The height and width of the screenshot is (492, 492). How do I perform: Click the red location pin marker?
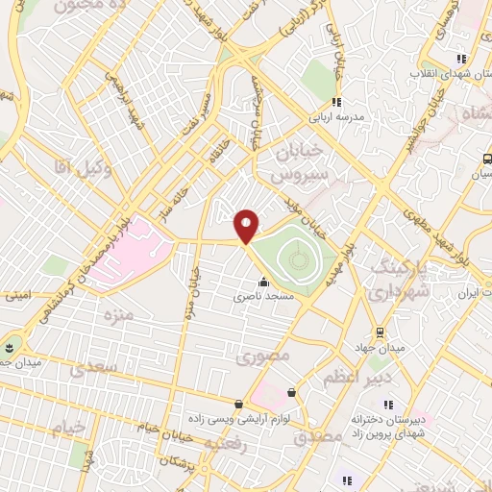[x=247, y=226]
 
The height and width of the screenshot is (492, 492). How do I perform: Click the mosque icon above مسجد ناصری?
[x=263, y=283]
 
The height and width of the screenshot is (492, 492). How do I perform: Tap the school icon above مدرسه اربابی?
[x=336, y=102]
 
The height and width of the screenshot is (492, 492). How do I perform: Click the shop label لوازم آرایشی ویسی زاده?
[x=238, y=419]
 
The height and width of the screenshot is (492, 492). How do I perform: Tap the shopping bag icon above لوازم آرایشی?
[x=238, y=404]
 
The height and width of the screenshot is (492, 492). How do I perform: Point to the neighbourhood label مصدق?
[x=318, y=436]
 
